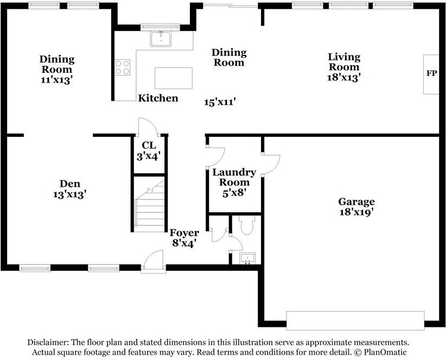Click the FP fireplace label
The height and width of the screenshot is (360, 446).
(x=431, y=73)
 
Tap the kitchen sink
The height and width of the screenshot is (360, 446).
(x=161, y=39)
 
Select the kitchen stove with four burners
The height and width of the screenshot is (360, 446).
(x=123, y=67)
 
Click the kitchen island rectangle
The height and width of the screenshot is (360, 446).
(x=174, y=78)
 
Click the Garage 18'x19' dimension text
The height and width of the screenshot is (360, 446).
(x=356, y=212)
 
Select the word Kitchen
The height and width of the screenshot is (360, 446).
(x=158, y=98)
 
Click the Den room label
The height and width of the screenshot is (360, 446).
(x=70, y=184)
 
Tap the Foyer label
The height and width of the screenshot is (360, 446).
(x=184, y=232)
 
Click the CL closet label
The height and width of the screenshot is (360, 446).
(x=149, y=145)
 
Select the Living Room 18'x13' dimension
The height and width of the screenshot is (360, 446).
(x=343, y=77)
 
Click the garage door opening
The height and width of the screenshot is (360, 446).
(x=355, y=320)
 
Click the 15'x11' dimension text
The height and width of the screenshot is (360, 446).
(x=219, y=102)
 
